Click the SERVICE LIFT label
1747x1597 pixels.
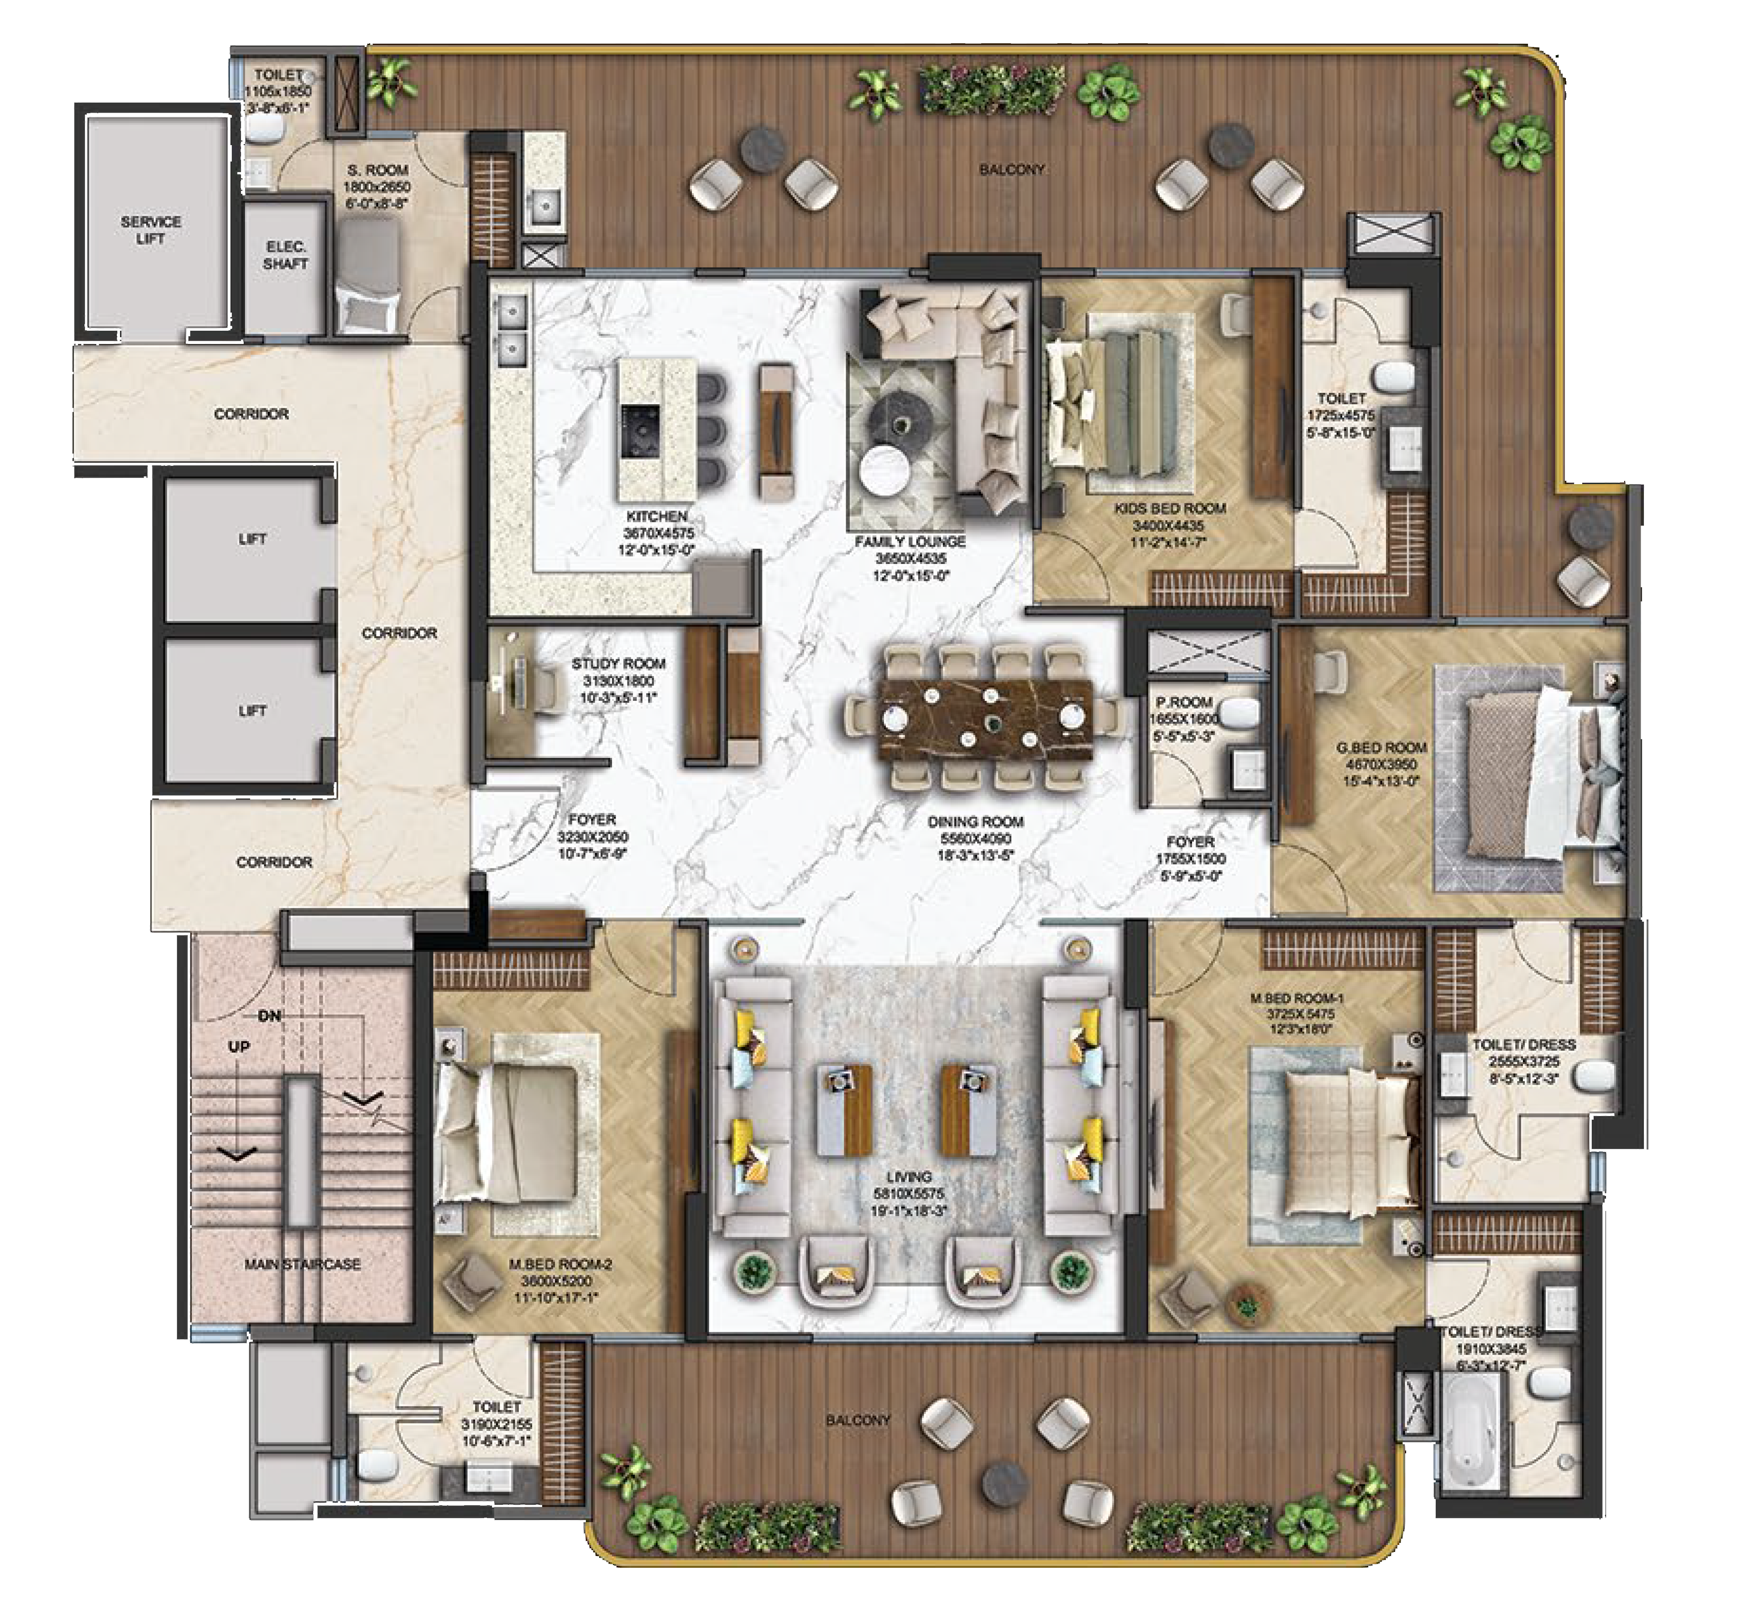[151, 230]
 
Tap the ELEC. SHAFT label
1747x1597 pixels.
[285, 255]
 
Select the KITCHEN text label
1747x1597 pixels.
[656, 517]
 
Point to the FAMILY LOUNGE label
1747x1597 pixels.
[910, 542]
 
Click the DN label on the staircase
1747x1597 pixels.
[269, 1016]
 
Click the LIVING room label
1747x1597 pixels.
[909, 1177]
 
